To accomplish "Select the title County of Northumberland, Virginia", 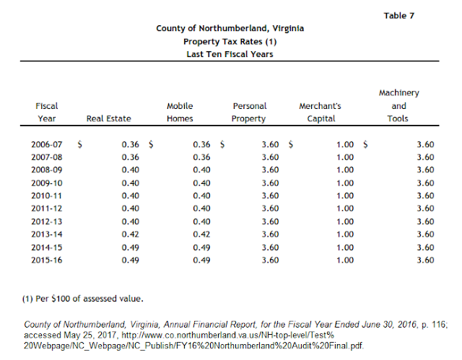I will tap(230, 29).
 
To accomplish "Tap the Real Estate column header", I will tap(108, 119).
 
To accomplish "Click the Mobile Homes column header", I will tap(180, 113).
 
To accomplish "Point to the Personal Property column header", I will tap(250, 113).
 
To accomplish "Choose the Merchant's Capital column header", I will tap(321, 113).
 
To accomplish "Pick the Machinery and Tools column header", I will tap(398, 106).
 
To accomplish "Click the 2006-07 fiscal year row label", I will tap(47, 144).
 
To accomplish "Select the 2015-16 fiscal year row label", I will tap(47, 260).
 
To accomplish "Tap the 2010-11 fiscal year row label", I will tap(47, 196).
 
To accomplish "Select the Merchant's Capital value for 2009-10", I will tap(345, 183).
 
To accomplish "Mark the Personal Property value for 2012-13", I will tap(270, 221).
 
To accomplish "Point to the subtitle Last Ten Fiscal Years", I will tap(230, 55).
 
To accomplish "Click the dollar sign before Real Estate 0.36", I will tap(80, 144).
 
